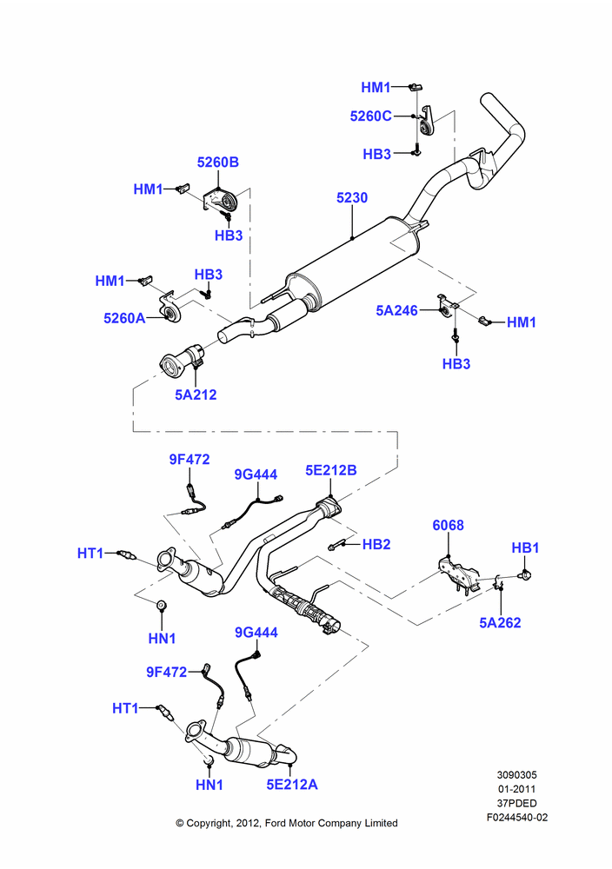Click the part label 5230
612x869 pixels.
click(352, 198)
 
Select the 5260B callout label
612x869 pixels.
click(218, 163)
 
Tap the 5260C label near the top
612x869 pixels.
click(371, 116)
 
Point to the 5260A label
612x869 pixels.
click(124, 318)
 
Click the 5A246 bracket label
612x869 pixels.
click(397, 310)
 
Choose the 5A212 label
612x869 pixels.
click(196, 395)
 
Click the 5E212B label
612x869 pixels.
click(331, 470)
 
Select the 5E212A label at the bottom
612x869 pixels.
click(292, 785)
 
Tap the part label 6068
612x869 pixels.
click(448, 526)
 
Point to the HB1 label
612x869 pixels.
click(525, 547)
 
